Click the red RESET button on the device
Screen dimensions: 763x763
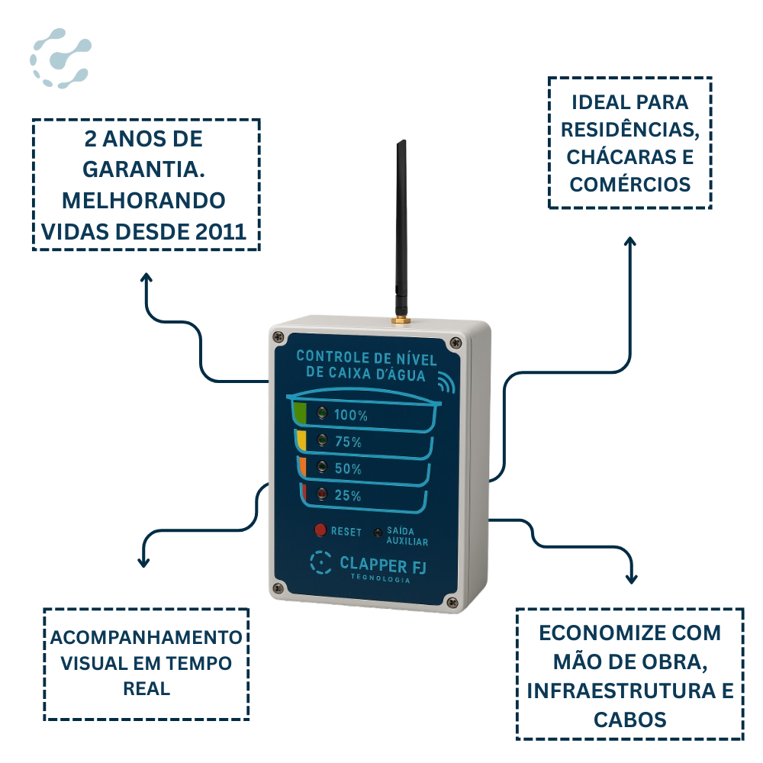320,530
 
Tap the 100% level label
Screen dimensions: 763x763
351,416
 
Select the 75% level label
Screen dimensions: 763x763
348,442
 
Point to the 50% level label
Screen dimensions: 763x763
348,469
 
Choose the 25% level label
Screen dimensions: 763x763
348,496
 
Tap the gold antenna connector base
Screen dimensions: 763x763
400,317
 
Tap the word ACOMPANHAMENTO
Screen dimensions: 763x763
146,637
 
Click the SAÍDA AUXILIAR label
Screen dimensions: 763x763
407,536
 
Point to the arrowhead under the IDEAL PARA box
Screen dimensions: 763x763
630,241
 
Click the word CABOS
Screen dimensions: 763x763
630,720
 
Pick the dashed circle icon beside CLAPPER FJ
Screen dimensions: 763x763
321,563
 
